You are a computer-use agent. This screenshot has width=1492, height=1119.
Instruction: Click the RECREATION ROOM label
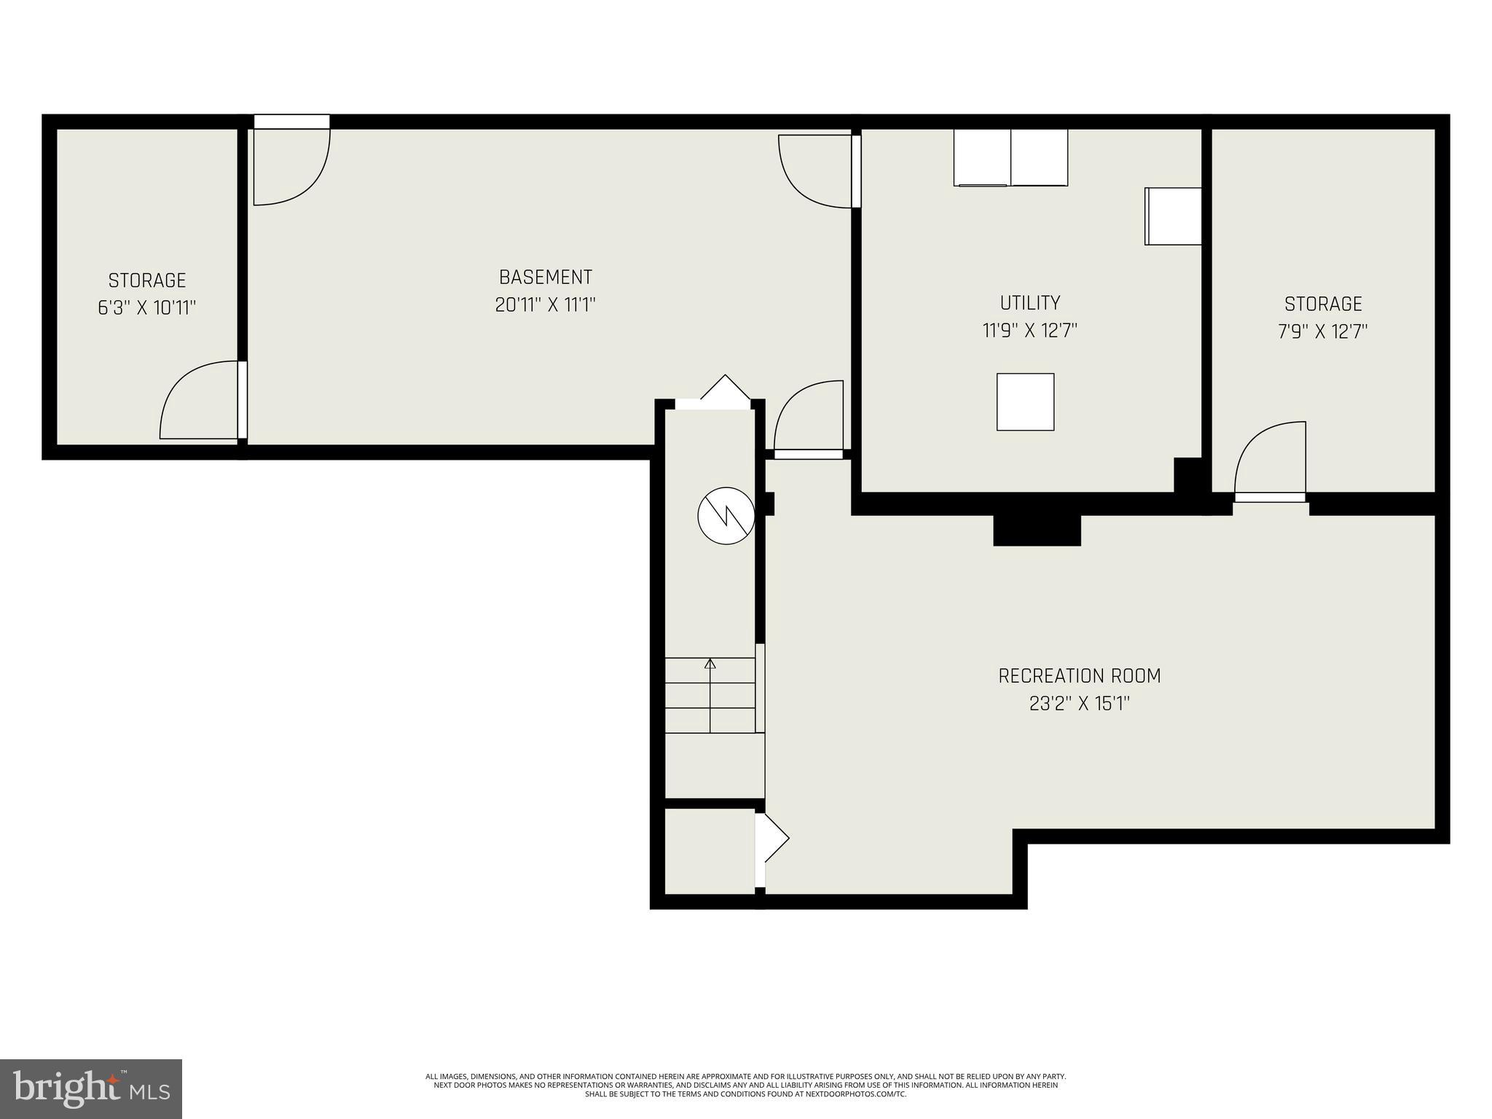point(1079,676)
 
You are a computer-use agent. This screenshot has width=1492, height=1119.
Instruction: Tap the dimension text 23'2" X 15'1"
point(1079,704)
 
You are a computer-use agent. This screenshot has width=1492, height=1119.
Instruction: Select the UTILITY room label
point(1029,302)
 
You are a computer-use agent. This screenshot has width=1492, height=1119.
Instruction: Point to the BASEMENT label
point(545,277)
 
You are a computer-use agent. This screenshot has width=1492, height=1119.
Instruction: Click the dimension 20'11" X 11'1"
point(545,305)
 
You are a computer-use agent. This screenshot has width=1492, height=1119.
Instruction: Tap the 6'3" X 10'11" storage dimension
point(147,307)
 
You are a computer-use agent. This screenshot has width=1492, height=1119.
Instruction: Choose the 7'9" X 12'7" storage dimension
point(1322,332)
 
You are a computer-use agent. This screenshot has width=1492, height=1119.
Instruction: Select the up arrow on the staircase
point(710,664)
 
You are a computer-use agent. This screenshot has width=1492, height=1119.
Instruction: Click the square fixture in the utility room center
point(1025,402)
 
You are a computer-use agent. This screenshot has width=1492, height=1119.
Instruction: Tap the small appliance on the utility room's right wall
point(1173,216)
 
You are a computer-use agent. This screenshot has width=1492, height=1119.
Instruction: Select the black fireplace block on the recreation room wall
point(1037,530)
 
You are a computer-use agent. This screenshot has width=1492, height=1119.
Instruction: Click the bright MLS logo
point(90,1088)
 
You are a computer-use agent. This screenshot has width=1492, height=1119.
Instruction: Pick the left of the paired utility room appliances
point(981,157)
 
